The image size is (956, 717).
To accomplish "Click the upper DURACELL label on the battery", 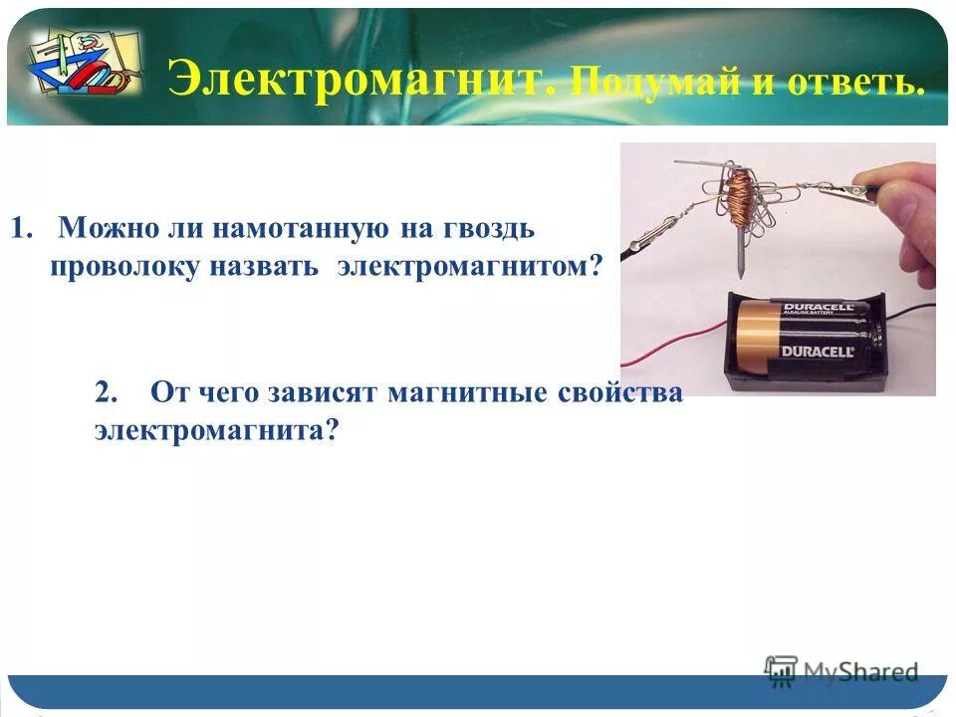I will [x=818, y=310].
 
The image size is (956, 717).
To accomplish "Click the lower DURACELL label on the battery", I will [x=817, y=352].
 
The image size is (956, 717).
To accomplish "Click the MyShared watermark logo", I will [x=841, y=671].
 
